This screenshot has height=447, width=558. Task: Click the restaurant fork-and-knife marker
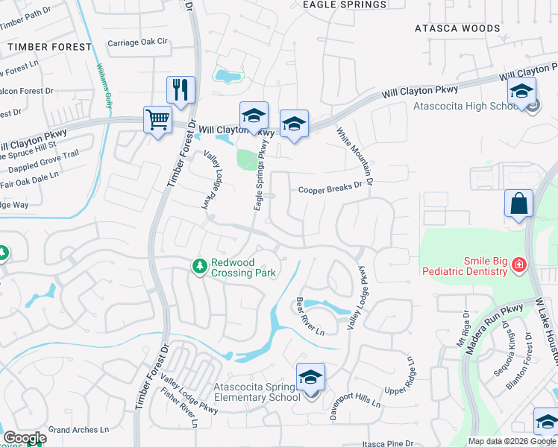pyautogui.click(x=181, y=90)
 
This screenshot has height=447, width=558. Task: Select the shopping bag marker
pyautogui.click(x=518, y=203)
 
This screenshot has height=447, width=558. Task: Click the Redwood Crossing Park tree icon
pyautogui.click(x=199, y=265)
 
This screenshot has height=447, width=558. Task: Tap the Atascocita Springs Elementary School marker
pyautogui.click(x=310, y=377)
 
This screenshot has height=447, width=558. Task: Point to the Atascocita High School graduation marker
pyautogui.click(x=521, y=92)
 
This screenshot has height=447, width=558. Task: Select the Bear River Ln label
pyautogui.click(x=310, y=316)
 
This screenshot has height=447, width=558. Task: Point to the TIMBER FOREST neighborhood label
pyautogui.click(x=49, y=46)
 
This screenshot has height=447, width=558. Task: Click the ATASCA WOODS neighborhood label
pyautogui.click(x=457, y=28)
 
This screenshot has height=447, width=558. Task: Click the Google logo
pyautogui.click(x=25, y=438)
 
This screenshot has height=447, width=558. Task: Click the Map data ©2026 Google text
pyautogui.click(x=512, y=441)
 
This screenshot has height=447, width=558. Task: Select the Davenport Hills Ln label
pyautogui.click(x=355, y=399)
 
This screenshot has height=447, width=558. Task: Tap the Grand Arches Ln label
pyautogui.click(x=78, y=430)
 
